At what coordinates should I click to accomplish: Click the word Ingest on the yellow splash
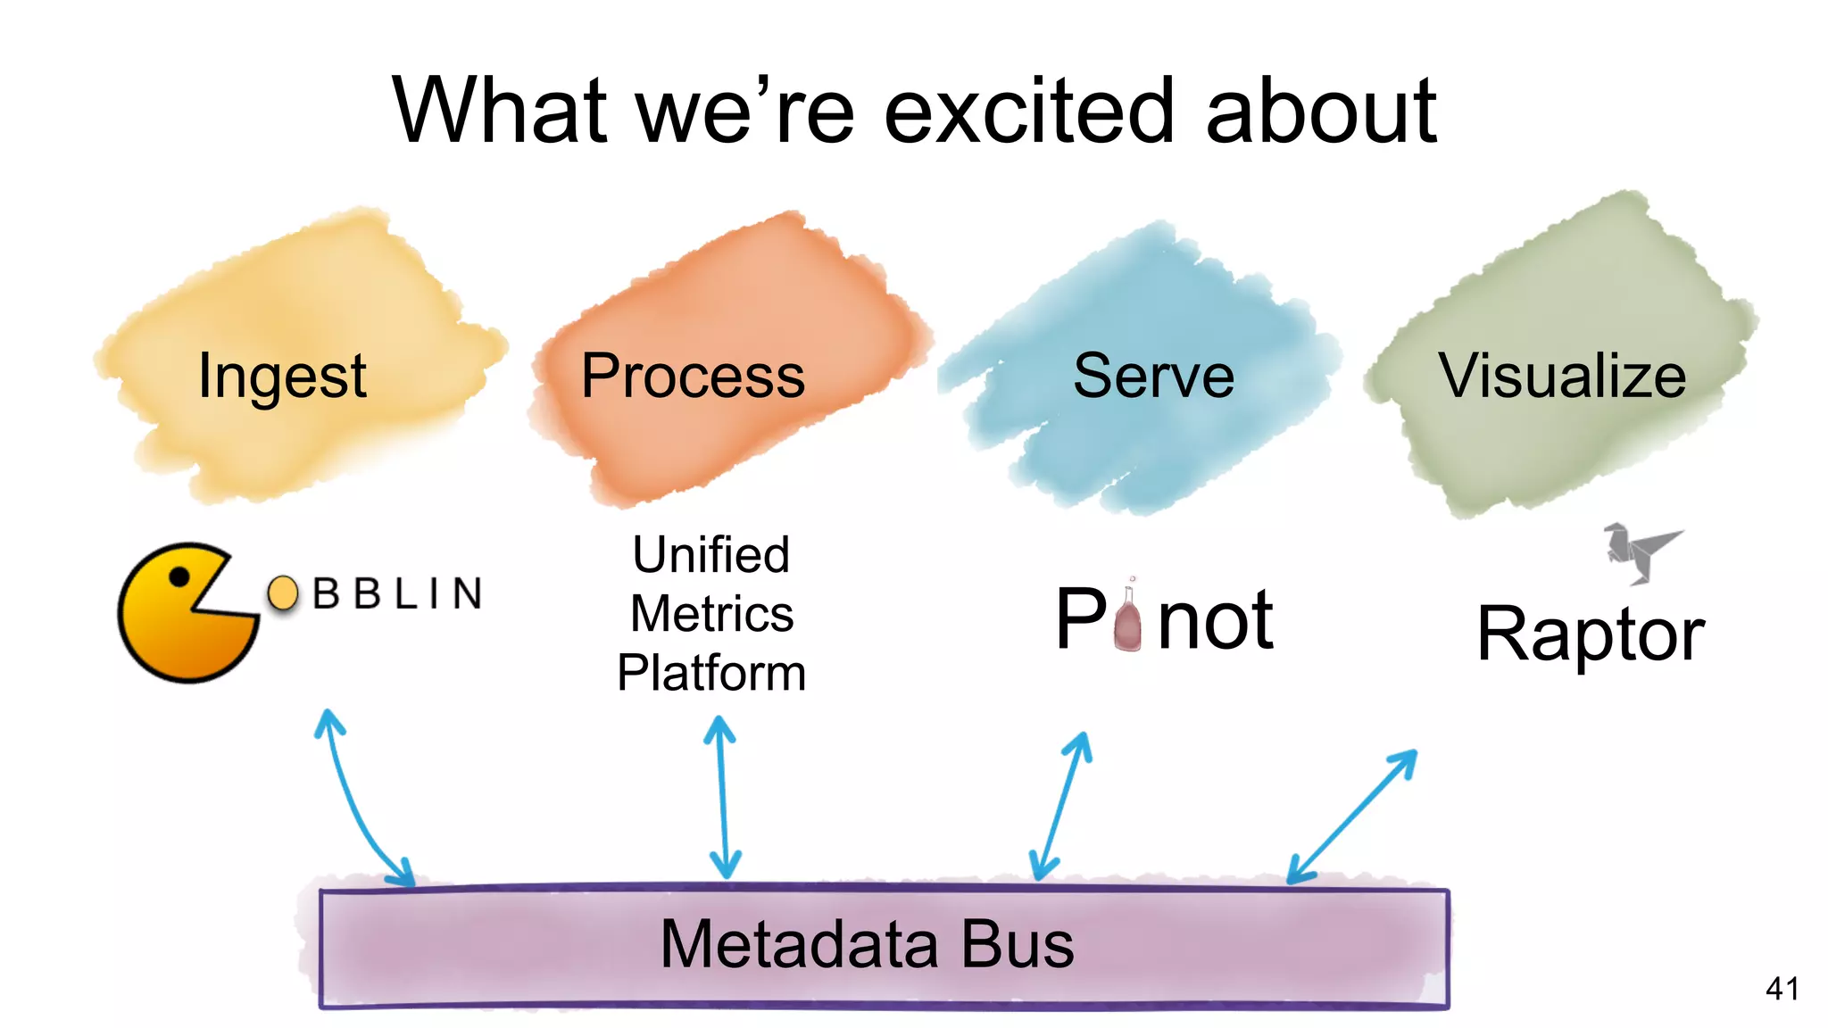pos(281,377)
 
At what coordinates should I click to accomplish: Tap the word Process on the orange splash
pos(693,377)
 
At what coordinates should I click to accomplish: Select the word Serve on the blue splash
pos(1153,377)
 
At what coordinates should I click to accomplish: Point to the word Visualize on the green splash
pos(1562,377)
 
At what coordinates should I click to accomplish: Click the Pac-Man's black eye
pos(179,577)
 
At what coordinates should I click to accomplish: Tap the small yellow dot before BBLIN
pos(283,593)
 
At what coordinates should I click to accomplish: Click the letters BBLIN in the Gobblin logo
pos(397,593)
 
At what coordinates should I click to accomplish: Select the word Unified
pos(711,555)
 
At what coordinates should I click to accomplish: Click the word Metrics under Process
pos(711,614)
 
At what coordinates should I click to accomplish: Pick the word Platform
pos(711,673)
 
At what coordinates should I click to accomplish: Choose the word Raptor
pos(1591,634)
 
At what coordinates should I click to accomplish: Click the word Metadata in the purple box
pos(799,944)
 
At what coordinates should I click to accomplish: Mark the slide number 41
pos(1782,989)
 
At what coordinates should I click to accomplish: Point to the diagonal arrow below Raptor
pos(1352,816)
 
